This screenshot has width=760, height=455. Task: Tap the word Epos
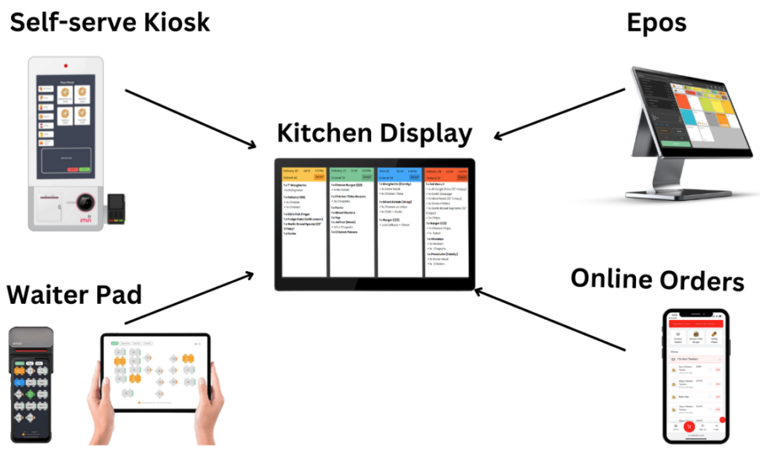tap(655, 22)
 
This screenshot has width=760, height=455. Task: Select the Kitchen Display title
tap(374, 133)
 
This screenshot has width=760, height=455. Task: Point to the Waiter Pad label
tap(74, 293)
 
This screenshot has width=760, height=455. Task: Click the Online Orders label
tap(657, 280)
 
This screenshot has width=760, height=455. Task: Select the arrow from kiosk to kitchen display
tap(190, 119)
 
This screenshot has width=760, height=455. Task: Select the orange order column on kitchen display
tap(304, 222)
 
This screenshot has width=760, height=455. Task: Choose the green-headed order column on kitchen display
tap(351, 222)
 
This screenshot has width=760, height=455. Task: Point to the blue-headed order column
tap(399, 222)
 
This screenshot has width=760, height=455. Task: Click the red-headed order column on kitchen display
tap(446, 222)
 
